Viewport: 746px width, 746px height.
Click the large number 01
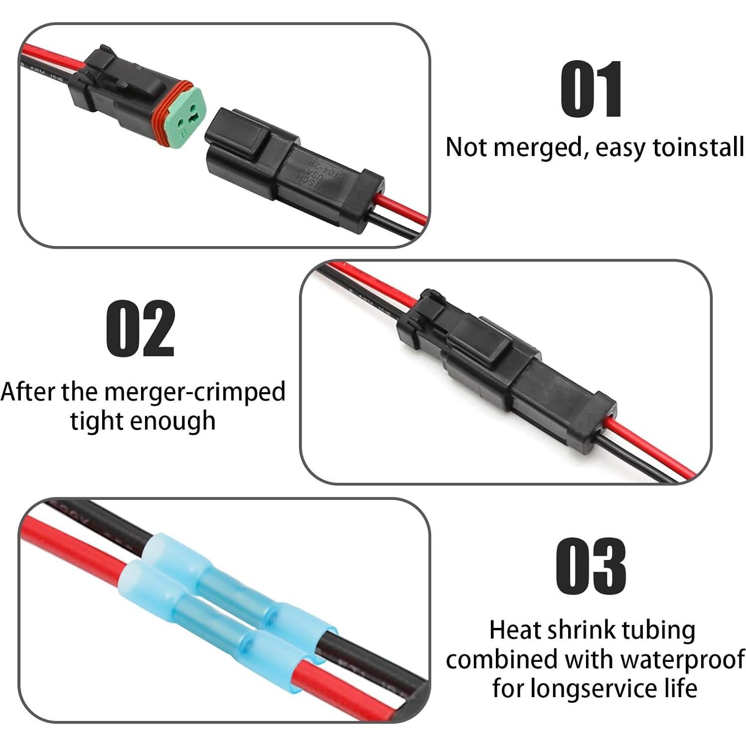592,89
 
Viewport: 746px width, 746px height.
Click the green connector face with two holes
185,120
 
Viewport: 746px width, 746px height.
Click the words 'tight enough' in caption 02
143,421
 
